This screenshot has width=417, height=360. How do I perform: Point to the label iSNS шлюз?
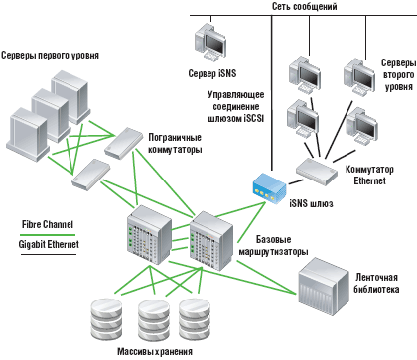pos(308,204)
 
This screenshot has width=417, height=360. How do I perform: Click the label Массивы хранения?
pos(148,351)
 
